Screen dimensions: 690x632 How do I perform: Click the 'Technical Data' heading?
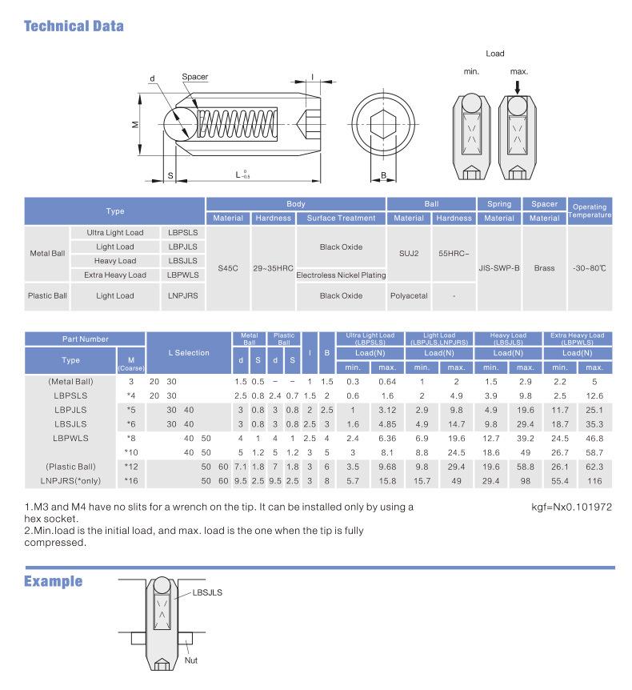(74, 26)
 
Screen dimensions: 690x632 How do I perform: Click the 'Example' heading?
(53, 580)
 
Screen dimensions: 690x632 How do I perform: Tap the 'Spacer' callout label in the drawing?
(194, 77)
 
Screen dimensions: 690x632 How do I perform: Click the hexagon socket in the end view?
(382, 124)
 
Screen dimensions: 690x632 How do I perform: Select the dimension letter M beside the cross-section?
(136, 124)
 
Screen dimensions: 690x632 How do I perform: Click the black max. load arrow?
(518, 85)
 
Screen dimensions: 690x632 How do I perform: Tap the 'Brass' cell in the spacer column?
(544, 268)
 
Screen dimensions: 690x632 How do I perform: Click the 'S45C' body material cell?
(228, 268)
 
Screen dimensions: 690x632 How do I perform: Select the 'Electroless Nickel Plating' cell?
(341, 275)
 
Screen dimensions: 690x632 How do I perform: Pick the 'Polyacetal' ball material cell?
(409, 295)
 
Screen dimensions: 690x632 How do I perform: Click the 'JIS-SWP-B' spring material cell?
(499, 268)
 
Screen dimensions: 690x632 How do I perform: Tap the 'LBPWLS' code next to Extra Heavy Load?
(183, 275)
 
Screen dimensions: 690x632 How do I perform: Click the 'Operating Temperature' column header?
(590, 211)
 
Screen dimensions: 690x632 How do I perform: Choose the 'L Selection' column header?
(189, 352)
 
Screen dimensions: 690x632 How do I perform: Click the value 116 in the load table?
(594, 480)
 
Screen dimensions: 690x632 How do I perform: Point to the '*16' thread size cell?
(131, 480)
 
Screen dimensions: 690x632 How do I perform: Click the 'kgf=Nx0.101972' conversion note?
(573, 507)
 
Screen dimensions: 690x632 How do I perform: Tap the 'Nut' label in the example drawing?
(190, 660)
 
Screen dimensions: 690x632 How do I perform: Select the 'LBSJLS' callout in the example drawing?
(207, 592)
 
